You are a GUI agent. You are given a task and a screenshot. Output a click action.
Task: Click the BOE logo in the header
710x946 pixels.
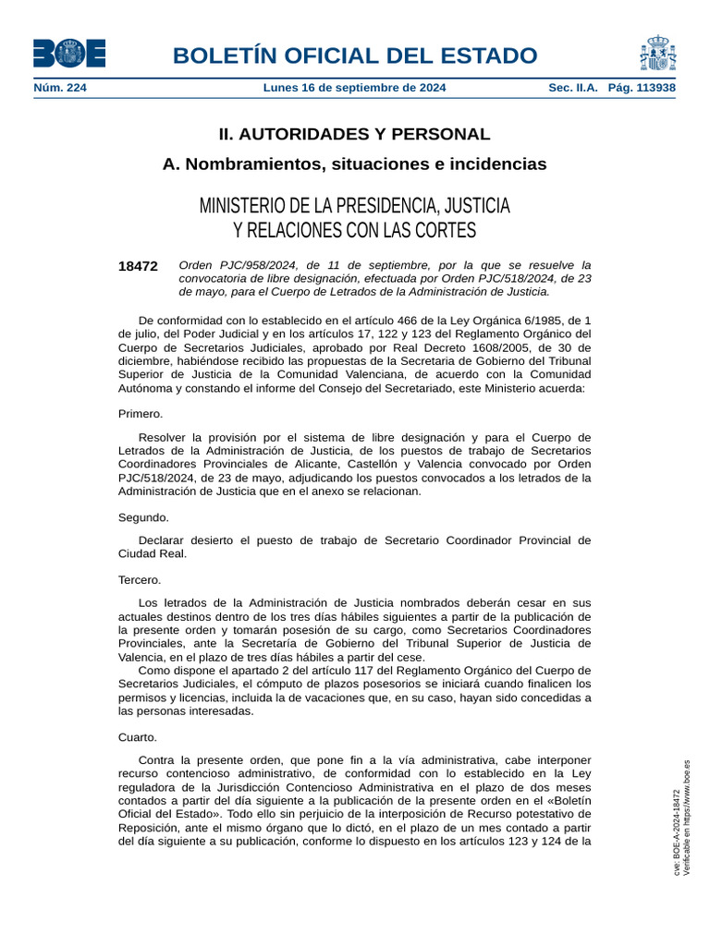click(x=69, y=54)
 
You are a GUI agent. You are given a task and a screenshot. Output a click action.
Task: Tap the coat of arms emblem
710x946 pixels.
click(x=657, y=54)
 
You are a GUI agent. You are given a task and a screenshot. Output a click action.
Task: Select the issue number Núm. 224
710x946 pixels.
click(x=60, y=88)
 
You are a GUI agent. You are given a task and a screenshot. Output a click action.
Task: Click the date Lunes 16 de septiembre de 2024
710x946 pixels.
click(x=354, y=88)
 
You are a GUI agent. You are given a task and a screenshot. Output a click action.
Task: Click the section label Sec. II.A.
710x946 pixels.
click(x=574, y=88)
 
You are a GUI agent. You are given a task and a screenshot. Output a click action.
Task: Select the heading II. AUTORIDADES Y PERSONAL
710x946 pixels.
click(x=354, y=134)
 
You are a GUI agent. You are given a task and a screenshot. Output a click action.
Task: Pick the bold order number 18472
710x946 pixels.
click(x=138, y=266)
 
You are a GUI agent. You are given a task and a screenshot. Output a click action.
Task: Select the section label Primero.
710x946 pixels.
click(x=141, y=414)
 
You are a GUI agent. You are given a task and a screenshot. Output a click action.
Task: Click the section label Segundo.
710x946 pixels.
click(x=143, y=518)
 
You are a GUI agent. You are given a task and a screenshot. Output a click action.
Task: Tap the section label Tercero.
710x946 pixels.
click(x=140, y=580)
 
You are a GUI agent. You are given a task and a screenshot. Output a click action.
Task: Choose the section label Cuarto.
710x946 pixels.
click(x=138, y=737)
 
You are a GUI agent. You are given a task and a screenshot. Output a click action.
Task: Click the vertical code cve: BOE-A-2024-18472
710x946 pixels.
click(x=677, y=832)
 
